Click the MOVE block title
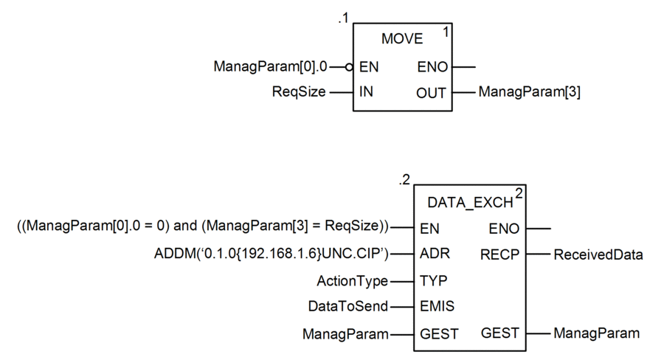[402, 39]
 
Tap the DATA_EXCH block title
[470, 203]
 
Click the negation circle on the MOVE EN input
[349, 67]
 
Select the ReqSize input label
[299, 92]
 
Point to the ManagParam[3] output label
[529, 92]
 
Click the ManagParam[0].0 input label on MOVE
[270, 66]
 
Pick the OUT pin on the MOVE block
[431, 93]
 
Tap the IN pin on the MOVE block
[366, 91]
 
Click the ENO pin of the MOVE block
[432, 67]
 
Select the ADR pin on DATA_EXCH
[435, 253]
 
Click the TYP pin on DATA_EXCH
[434, 280]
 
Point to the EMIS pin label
[437, 306]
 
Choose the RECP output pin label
[499, 255]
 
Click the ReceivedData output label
[598, 255]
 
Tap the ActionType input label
[353, 281]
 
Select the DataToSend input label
[348, 306]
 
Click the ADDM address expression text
[272, 253]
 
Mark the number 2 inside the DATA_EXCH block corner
[519, 193]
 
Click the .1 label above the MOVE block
[343, 18]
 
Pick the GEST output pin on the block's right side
[500, 333]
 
